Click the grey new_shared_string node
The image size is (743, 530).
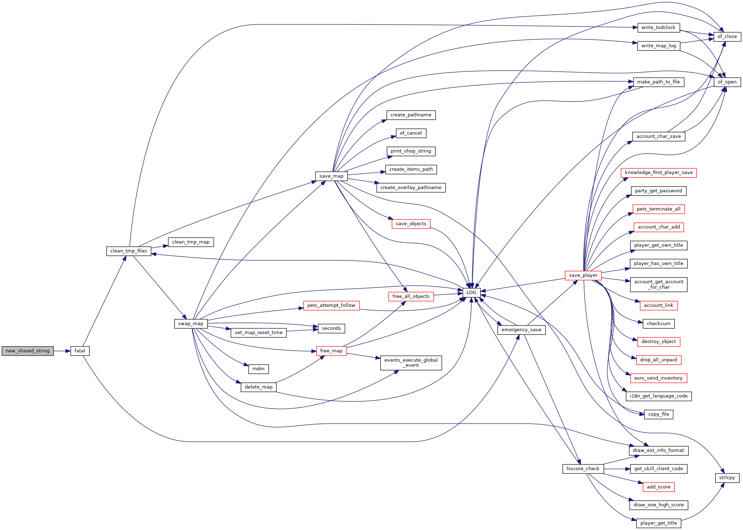click(x=28, y=351)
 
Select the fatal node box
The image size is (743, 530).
click(x=80, y=351)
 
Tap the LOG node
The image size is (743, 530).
click(x=471, y=293)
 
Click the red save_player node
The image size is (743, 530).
click(x=583, y=275)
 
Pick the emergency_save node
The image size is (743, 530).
click(x=521, y=330)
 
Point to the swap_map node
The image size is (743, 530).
click(x=191, y=324)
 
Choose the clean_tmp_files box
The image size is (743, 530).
click(x=129, y=251)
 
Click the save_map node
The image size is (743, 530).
click(x=331, y=176)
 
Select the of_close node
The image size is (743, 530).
click(x=727, y=37)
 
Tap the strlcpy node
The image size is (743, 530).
click(x=727, y=478)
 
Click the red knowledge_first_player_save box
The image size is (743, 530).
click(x=659, y=173)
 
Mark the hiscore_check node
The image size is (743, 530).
click(x=583, y=469)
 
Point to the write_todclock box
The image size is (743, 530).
click(x=658, y=28)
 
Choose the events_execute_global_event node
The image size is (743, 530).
click(x=411, y=363)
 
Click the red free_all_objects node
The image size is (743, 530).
click(x=411, y=297)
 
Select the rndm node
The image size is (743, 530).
click(x=259, y=369)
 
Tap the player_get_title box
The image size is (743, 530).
click(x=659, y=523)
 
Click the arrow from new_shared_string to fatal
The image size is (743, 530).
click(x=62, y=351)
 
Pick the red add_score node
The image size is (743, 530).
click(x=659, y=487)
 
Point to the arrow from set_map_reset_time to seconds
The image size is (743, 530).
click(x=302, y=331)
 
